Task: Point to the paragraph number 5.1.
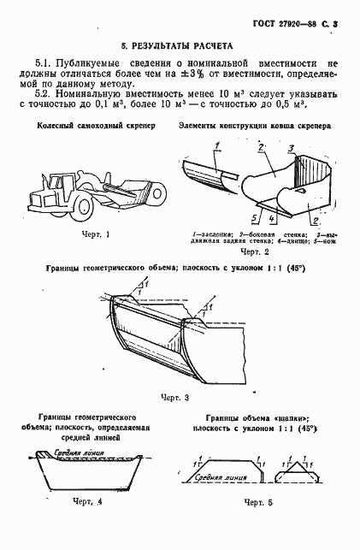click(45, 63)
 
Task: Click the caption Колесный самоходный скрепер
click(90, 127)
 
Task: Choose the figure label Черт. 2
click(255, 253)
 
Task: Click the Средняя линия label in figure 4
click(70, 452)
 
